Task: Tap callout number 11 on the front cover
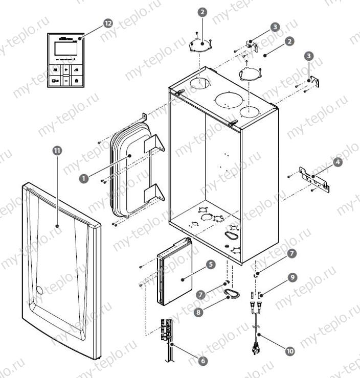tap(57, 150)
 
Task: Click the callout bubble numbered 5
tap(210, 265)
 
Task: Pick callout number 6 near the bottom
tap(204, 361)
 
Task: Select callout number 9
tap(291, 277)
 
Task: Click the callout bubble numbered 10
tap(290, 351)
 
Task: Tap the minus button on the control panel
tap(66, 80)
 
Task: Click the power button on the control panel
tap(76, 80)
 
